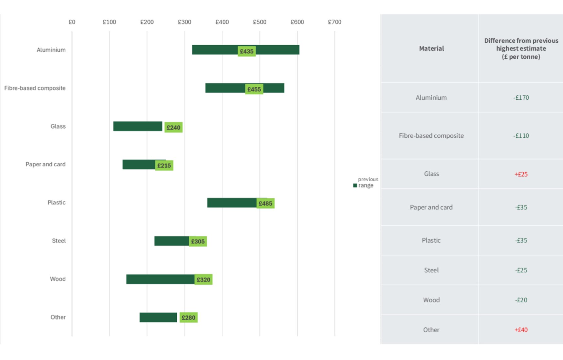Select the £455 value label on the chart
[x=254, y=89]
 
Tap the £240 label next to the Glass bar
[x=173, y=127]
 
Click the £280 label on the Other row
[x=188, y=318]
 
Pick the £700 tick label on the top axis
[x=334, y=22]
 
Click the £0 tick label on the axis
[x=72, y=22]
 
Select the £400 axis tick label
[x=222, y=22]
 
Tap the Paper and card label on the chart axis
[x=46, y=164]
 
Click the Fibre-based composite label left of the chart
[x=35, y=88]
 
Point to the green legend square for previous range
[x=355, y=185]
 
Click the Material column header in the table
[x=431, y=48]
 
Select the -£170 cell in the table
[x=521, y=98]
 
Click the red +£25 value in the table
[x=521, y=174]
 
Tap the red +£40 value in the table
[x=521, y=330]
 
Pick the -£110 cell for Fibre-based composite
[x=521, y=136]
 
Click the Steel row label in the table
[x=431, y=270]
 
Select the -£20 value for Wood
[x=521, y=300]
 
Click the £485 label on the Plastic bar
[x=265, y=204]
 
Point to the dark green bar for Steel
[x=171, y=241]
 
